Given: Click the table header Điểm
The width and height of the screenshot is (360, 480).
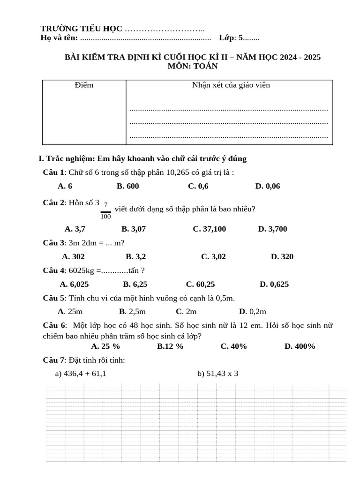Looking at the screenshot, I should pos(84,85).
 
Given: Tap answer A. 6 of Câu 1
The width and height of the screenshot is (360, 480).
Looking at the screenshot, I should pos(65,186).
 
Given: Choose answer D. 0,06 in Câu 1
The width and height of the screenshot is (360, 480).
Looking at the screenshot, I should pos(268,186).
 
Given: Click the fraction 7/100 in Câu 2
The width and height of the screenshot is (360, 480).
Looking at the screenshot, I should pos(105,210).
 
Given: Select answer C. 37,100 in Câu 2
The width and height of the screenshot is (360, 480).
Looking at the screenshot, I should pos(209,229).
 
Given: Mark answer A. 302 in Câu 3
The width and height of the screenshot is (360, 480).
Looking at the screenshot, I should pos(73,256).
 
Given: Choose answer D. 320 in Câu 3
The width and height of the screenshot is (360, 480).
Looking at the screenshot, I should pos(282,256).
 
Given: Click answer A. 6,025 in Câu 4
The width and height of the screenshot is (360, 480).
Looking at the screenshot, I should pos(74,284).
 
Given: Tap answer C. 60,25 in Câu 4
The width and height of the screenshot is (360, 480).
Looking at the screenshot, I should pos(200,284).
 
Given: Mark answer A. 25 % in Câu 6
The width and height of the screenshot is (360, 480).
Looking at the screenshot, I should pos(105,346).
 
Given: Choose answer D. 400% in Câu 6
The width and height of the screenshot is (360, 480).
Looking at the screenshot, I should pos(300,346).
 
